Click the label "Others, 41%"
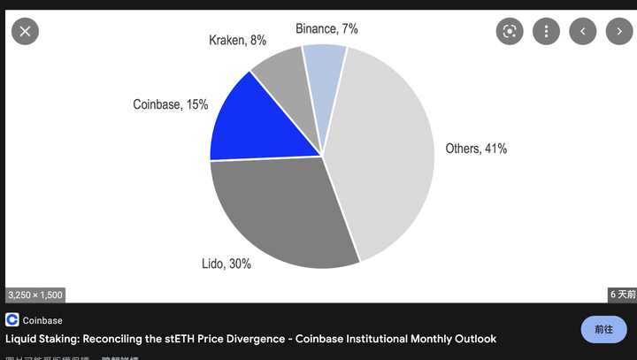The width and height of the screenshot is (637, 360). (x=476, y=149)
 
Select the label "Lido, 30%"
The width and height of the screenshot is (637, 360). (x=226, y=264)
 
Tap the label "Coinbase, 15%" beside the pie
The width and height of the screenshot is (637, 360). (x=171, y=104)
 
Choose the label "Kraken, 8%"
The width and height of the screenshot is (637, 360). (x=237, y=40)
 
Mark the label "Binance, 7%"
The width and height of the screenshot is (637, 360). (x=326, y=28)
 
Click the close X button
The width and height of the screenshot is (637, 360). (x=25, y=31)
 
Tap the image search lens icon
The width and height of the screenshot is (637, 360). (x=510, y=31)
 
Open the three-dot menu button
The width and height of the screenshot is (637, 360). (x=546, y=31)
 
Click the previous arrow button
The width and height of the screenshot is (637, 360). (x=582, y=31)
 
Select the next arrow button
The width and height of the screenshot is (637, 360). (x=618, y=31)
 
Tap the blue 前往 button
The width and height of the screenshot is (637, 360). (x=603, y=329)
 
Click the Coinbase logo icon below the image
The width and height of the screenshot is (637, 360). (x=12, y=320)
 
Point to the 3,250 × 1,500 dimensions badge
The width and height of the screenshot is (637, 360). (x=35, y=295)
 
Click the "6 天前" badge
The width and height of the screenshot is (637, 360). (x=622, y=295)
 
